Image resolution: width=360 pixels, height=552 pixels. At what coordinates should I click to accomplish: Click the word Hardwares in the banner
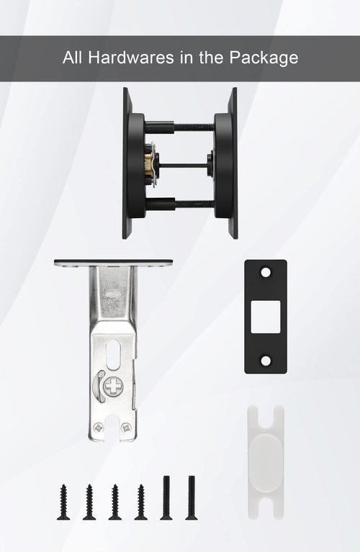pyautogui.click(x=131, y=58)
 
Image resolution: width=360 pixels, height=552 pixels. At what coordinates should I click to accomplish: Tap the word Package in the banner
pyautogui.click(x=264, y=58)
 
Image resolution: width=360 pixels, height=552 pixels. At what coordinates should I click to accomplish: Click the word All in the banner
pyautogui.click(x=72, y=58)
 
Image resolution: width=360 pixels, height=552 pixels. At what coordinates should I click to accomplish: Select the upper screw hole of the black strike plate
pyautogui.click(x=266, y=272)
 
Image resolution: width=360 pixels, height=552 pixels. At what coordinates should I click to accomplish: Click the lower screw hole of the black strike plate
pyautogui.click(x=266, y=361)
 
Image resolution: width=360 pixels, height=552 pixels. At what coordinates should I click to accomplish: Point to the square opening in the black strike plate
pyautogui.click(x=266, y=317)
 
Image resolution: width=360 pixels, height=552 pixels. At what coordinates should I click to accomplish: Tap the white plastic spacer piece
pyautogui.click(x=266, y=462)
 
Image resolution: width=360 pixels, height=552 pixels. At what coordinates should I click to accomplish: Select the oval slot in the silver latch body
pyautogui.click(x=113, y=354)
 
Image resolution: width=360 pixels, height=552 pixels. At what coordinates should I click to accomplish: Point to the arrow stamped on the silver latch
pyautogui.click(x=114, y=293)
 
